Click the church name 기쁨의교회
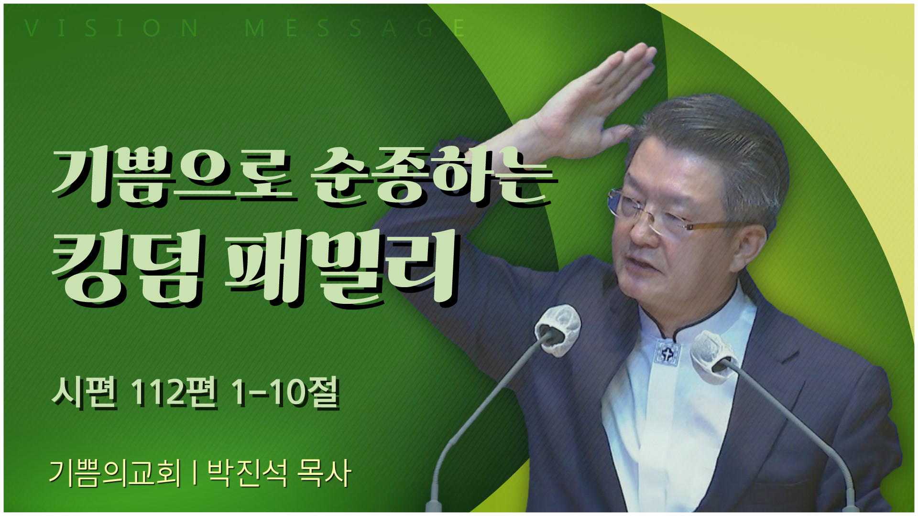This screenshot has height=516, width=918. click(115, 474)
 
